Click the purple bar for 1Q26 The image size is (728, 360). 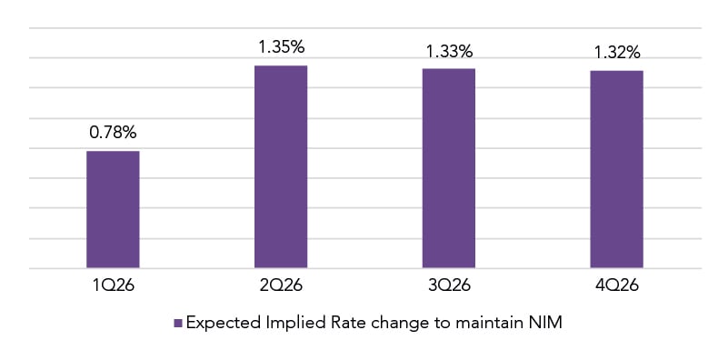[x=113, y=210]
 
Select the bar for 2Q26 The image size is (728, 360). [x=281, y=167]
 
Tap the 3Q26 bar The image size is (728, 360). [x=449, y=169]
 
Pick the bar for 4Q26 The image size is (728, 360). [x=616, y=170]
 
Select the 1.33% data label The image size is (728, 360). [x=449, y=51]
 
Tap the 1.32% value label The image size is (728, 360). [x=616, y=52]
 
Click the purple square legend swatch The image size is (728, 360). [x=178, y=323]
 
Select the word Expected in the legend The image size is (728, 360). [x=216, y=324]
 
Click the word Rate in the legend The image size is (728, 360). [x=326, y=323]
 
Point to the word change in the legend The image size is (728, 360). [x=374, y=324]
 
